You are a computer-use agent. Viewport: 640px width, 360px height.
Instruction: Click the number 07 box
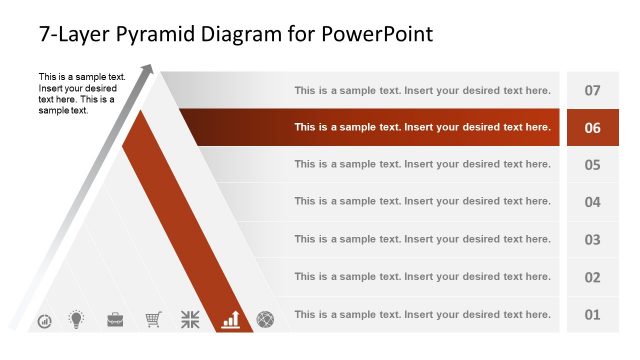click(x=592, y=90)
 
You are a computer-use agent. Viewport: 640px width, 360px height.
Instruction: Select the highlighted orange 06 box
click(x=592, y=127)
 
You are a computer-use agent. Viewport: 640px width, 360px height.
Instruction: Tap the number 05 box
click(x=592, y=165)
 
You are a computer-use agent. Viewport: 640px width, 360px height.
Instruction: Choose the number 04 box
click(x=592, y=202)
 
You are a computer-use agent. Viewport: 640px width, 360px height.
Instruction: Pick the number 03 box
click(x=592, y=239)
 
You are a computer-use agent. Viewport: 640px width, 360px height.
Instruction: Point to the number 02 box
click(x=592, y=277)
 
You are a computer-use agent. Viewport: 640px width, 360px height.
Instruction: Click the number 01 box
click(x=592, y=314)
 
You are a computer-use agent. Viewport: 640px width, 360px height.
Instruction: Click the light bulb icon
click(x=76, y=319)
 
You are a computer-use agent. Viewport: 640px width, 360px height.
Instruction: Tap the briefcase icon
click(x=115, y=319)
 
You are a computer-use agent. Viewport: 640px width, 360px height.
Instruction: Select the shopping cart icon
click(x=153, y=319)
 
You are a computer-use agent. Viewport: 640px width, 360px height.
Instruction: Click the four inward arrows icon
click(x=191, y=319)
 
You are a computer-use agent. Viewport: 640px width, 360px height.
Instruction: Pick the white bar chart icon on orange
click(x=231, y=319)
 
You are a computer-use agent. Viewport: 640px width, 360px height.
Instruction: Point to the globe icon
click(x=266, y=319)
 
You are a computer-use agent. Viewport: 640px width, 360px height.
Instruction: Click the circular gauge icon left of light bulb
click(x=45, y=321)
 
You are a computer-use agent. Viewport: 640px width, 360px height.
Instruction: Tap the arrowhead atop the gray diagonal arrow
click(x=149, y=69)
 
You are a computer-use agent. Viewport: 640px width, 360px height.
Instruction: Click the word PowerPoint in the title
click(x=378, y=34)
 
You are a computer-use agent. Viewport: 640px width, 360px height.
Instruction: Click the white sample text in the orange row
click(x=422, y=127)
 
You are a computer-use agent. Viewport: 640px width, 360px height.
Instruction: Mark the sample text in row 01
click(x=422, y=314)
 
